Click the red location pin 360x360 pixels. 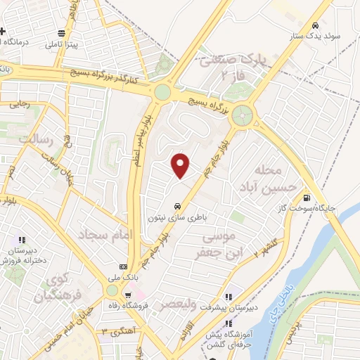[181, 165]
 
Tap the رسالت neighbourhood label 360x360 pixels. [36, 139]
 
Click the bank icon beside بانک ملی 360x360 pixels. [124, 267]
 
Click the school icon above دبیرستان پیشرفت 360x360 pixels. [230, 296]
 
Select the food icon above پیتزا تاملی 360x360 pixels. [63, 33]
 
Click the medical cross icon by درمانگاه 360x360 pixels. [4, 32]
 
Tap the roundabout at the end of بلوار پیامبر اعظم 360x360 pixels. [163, 91]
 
